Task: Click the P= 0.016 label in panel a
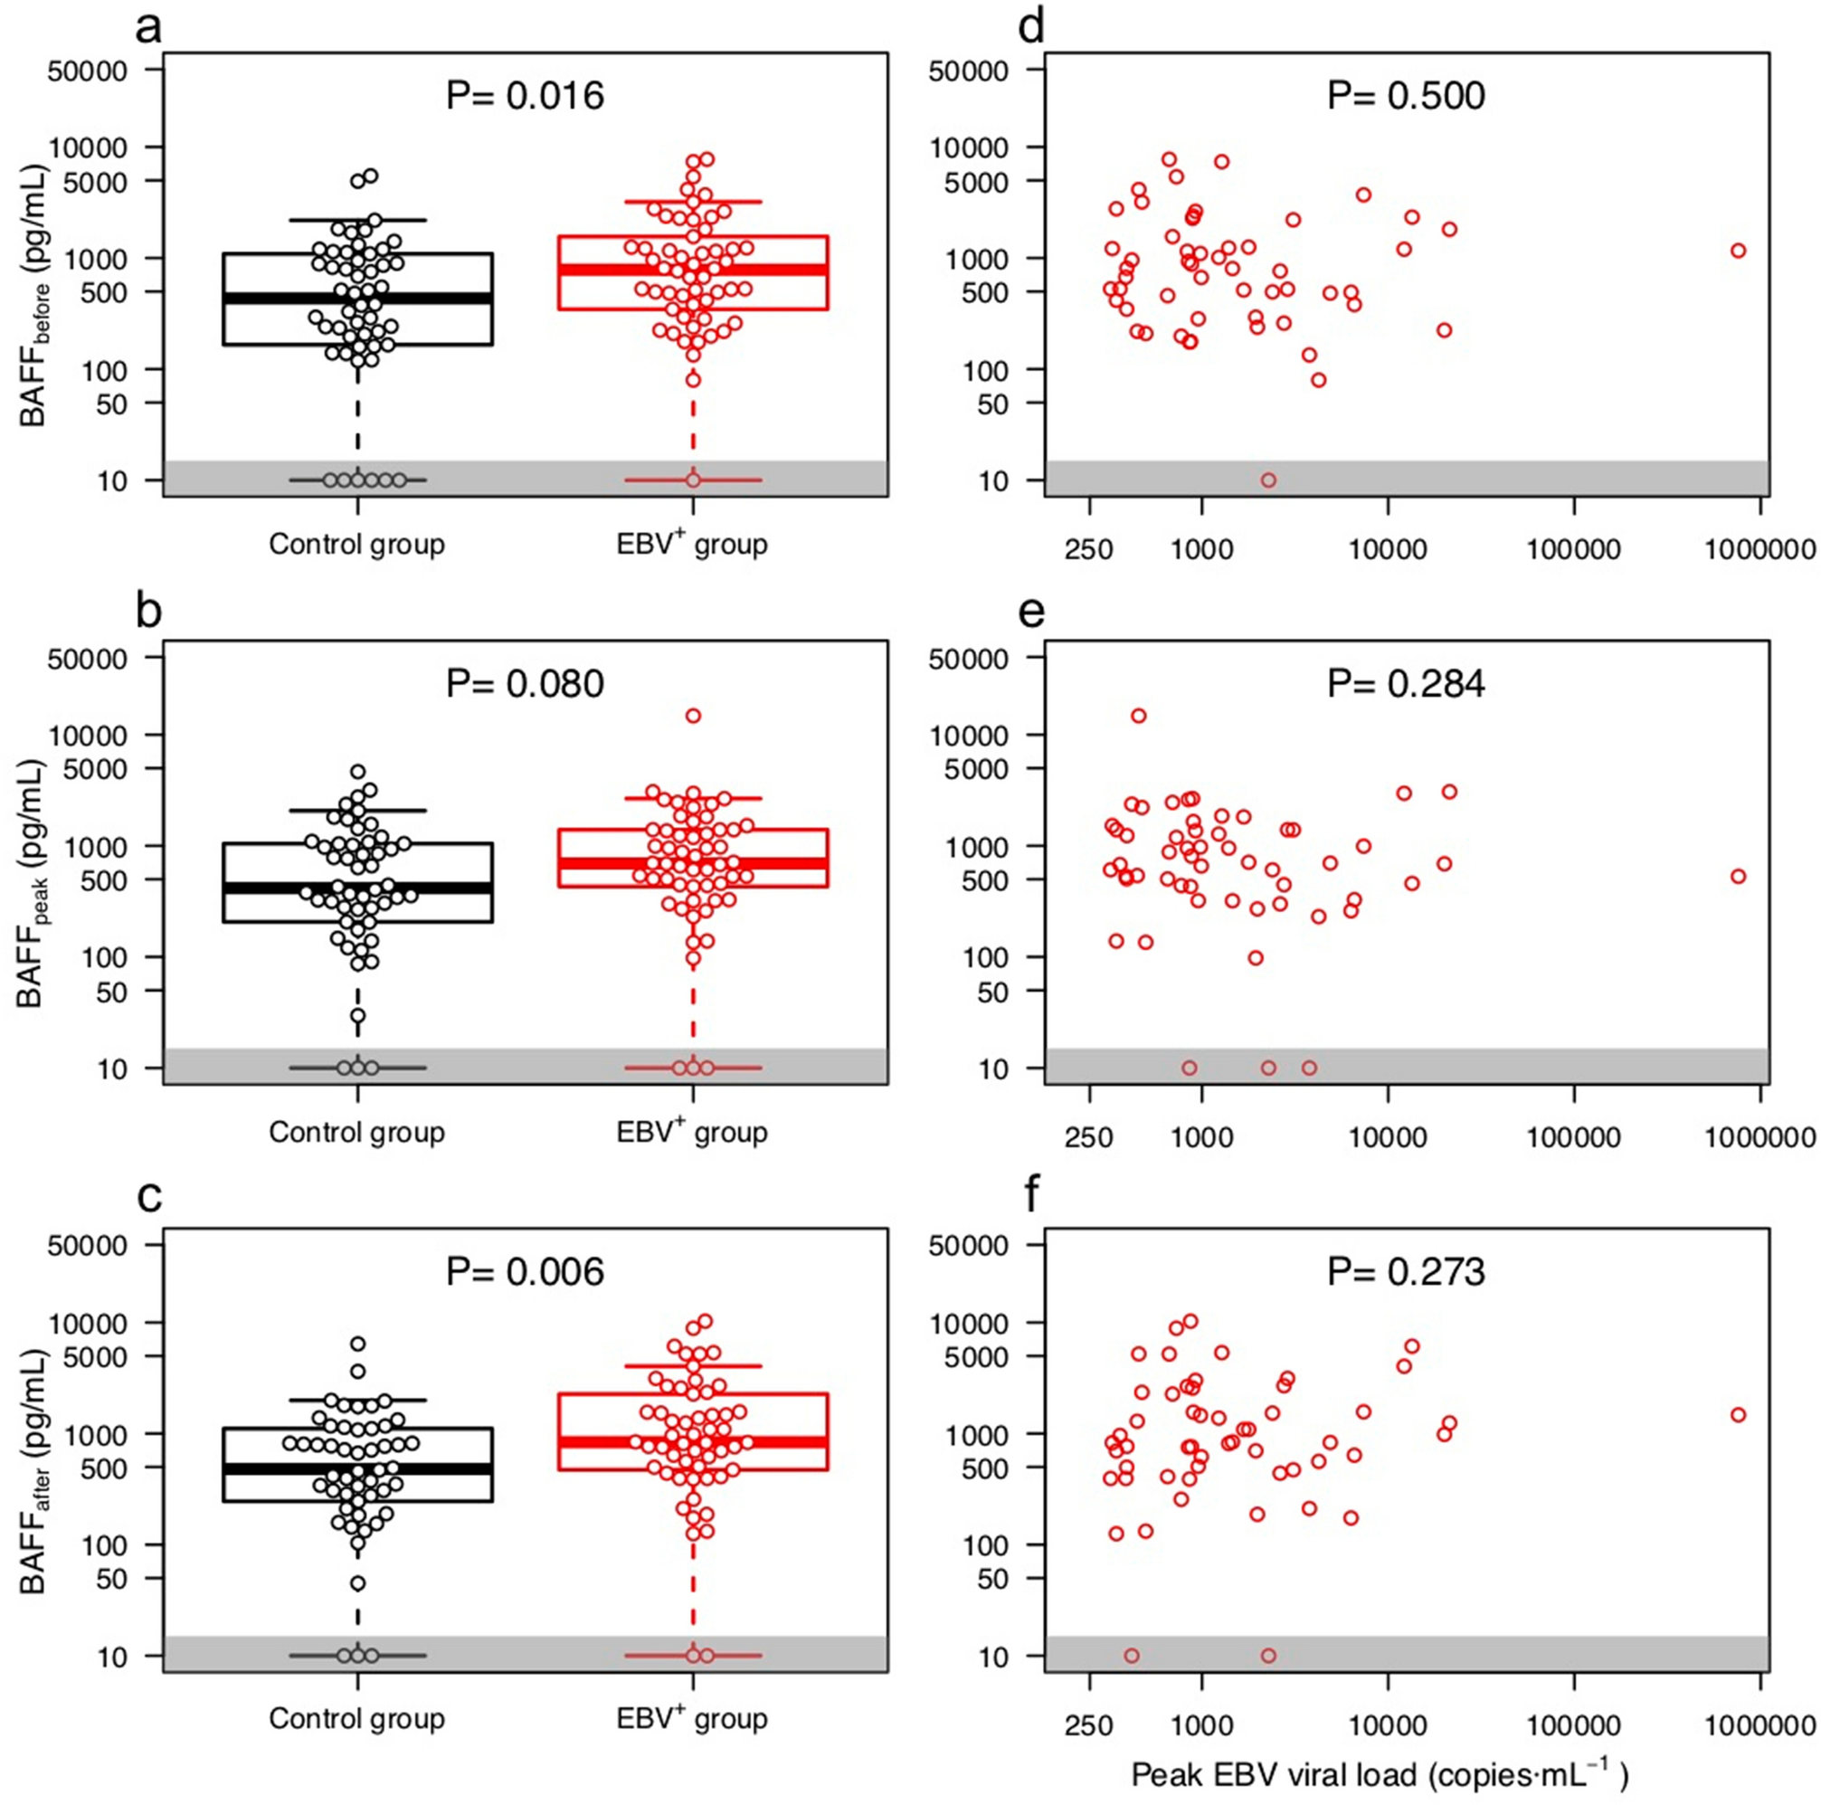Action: click(525, 95)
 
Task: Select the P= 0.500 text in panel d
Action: click(1406, 95)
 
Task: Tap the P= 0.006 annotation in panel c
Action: click(525, 1271)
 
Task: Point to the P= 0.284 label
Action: click(1406, 683)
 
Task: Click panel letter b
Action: click(149, 612)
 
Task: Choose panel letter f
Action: click(1032, 1197)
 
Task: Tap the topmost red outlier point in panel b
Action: click(693, 716)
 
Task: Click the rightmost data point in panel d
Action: click(1738, 251)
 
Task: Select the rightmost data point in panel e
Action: click(1738, 877)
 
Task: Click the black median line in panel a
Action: click(357, 298)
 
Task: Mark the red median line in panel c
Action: click(693, 1443)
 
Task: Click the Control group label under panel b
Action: click(356, 1131)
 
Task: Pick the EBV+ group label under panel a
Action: click(692, 544)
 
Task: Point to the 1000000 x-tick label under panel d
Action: click(1758, 549)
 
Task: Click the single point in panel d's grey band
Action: click(1268, 480)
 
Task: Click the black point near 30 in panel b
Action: click(358, 1016)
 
